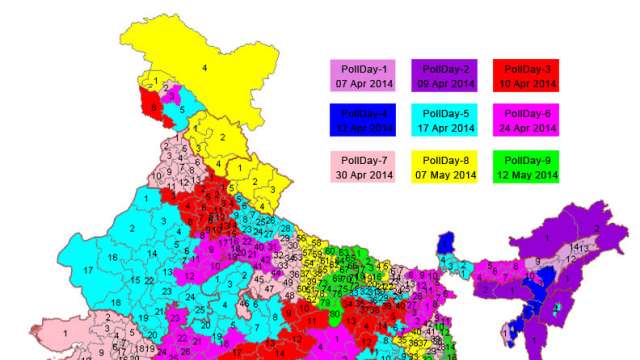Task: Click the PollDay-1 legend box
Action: tap(360, 76)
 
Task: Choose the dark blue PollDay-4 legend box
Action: tap(360, 120)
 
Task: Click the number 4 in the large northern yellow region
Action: tap(205, 67)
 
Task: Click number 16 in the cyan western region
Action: tap(113, 257)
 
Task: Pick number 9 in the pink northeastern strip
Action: tap(536, 262)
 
